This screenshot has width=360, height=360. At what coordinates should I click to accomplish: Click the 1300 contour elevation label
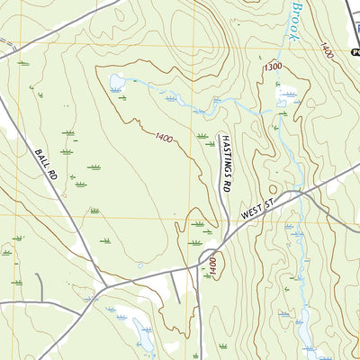point(273,67)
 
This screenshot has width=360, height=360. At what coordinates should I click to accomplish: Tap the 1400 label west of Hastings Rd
point(165,138)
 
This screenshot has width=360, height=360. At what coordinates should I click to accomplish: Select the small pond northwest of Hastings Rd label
point(117,84)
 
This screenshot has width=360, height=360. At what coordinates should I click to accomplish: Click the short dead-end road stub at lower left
point(38,286)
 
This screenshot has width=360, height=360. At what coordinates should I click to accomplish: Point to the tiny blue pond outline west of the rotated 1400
point(140,265)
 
